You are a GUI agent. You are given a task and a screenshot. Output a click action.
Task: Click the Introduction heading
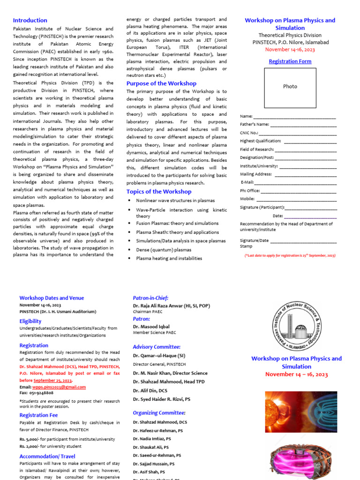click(x=30, y=20)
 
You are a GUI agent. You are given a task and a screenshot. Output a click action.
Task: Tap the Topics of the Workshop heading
click(x=159, y=191)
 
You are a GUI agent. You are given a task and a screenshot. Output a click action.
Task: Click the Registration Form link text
click(x=290, y=61)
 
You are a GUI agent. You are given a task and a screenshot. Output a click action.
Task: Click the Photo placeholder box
click(x=290, y=86)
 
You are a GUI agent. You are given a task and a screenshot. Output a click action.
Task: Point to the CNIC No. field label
click(x=249, y=133)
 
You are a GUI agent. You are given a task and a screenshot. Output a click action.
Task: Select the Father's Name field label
click(x=255, y=124)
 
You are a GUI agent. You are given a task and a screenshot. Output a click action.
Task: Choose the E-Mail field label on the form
click(x=247, y=182)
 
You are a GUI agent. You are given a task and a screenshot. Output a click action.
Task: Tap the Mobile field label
click(x=247, y=199)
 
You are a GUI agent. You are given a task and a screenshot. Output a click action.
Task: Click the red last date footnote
click(x=290, y=255)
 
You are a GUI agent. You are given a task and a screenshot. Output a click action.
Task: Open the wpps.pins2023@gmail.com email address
click(x=59, y=387)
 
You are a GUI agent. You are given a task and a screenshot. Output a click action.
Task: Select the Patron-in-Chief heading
click(x=150, y=298)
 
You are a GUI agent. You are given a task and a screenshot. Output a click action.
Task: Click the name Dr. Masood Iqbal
click(x=151, y=326)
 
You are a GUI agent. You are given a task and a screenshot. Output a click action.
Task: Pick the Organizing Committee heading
click(x=159, y=412)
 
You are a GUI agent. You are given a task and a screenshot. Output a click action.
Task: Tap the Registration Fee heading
click(x=38, y=415)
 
